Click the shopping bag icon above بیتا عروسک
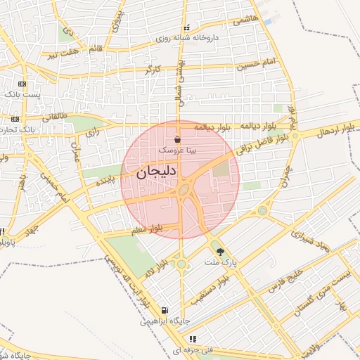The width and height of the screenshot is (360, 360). [x=176, y=140]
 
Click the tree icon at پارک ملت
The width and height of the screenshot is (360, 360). [x=221, y=252]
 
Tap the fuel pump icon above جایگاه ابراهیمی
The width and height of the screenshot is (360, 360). [x=165, y=310]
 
